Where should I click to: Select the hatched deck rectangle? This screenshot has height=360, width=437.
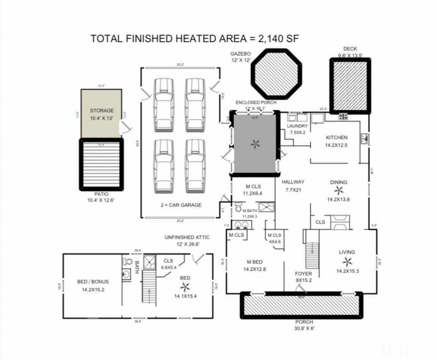[x=350, y=86]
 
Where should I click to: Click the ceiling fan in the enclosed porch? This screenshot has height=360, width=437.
[x=255, y=143]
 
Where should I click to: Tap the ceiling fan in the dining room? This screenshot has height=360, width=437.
[x=338, y=191]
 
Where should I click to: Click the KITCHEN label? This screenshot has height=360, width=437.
[x=337, y=137]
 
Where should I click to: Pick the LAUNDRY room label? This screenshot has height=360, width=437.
[x=297, y=126]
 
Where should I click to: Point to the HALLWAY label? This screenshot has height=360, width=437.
[x=295, y=182]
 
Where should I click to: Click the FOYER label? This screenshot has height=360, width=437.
[x=304, y=274]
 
